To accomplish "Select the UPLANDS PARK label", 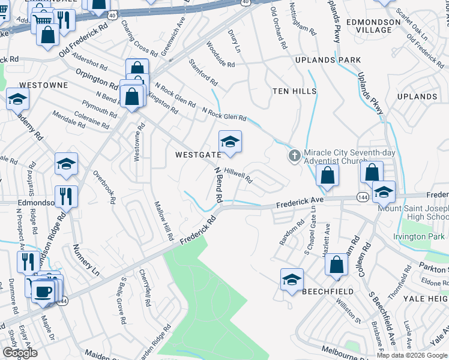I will coord(328,61).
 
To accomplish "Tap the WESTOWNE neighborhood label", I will coord(44,85).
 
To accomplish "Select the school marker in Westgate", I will coord(230,142).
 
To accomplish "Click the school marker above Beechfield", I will coord(292,280).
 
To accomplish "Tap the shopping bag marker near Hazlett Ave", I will coord(337,264).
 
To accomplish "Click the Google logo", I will coord(19,353).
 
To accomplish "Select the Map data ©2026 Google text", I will coord(412,355).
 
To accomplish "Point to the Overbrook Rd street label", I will coord(103,188).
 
